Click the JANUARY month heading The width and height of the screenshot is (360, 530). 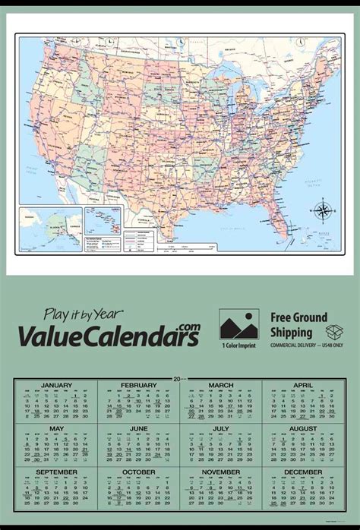point(56,385)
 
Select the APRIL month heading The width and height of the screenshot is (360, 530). point(303,385)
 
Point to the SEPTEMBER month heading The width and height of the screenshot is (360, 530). point(56,472)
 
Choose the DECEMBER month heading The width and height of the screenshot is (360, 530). point(303,472)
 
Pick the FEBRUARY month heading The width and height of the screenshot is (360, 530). point(138,385)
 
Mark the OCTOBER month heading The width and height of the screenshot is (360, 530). point(138,472)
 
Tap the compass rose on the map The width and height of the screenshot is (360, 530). point(321,210)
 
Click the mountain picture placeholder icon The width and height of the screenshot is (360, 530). point(238,323)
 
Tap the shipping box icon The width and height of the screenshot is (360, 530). point(334,332)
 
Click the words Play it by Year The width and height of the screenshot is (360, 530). point(83,313)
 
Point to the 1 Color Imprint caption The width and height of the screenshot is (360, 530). point(238,345)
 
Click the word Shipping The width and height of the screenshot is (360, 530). point(292,332)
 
